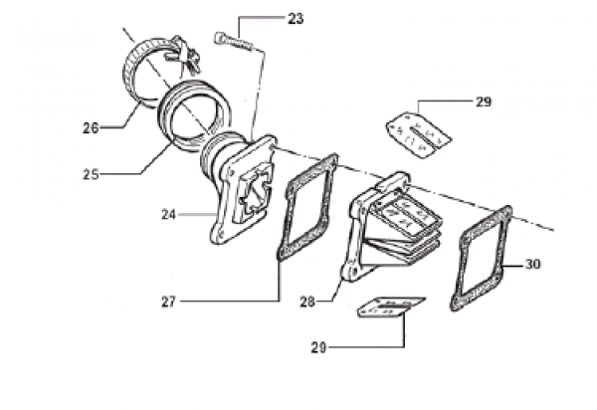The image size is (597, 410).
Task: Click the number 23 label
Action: point(296,19)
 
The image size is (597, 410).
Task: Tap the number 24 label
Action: point(169,215)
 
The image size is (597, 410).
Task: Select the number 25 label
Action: point(91,175)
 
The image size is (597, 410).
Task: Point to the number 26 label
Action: point(91,128)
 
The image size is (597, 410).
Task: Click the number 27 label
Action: point(169,302)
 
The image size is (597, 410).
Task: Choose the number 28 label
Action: point(307,302)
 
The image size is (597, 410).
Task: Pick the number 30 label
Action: point(532,264)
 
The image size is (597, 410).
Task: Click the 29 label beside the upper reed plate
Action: point(484,102)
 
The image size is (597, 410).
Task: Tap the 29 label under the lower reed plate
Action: point(318,347)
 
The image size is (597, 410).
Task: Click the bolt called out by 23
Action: point(234,41)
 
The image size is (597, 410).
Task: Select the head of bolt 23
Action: point(220,37)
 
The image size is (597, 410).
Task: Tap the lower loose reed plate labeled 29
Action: point(390,307)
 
